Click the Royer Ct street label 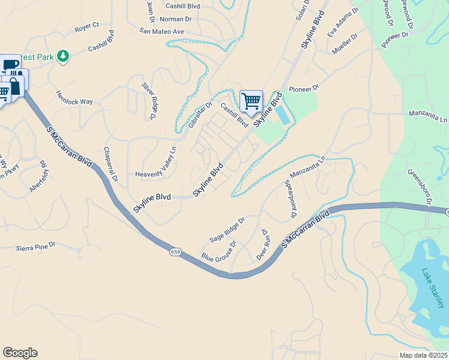pos(86,28)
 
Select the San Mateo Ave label pos(161,31)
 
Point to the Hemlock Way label pos(74,98)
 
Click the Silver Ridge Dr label pos(148,102)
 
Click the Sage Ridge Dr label pos(227,230)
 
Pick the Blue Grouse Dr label pos(219,251)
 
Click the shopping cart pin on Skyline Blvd pos(251,100)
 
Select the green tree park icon pos(63,56)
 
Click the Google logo pos(20,353)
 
